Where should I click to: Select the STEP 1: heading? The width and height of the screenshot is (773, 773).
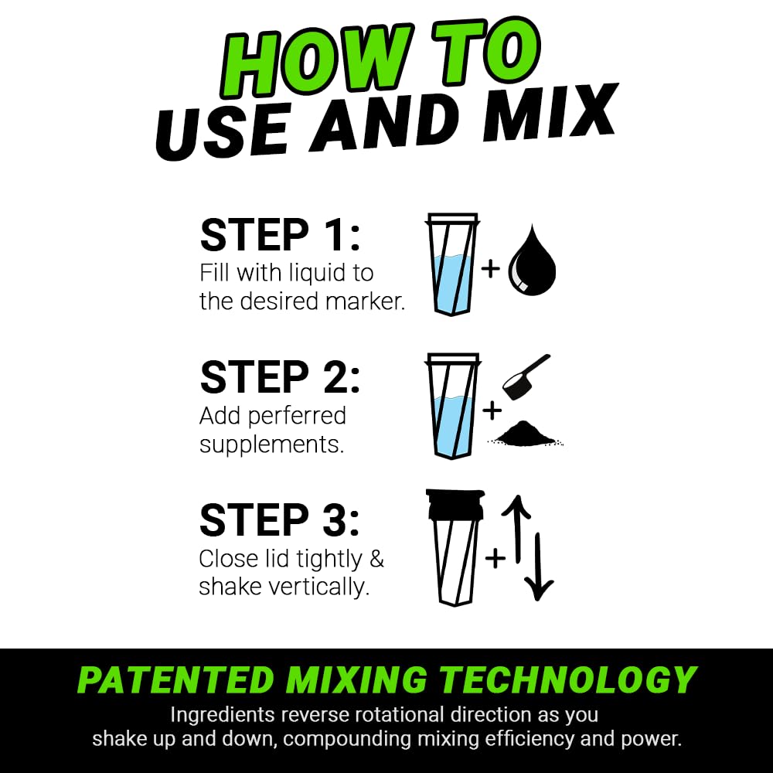(280, 235)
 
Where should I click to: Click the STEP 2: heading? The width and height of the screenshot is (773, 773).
(280, 377)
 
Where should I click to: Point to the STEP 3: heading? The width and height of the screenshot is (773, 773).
(280, 520)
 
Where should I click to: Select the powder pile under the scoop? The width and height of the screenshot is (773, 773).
(526, 436)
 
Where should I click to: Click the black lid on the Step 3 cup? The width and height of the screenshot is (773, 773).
(455, 505)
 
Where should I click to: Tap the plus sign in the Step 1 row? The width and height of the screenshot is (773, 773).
(490, 269)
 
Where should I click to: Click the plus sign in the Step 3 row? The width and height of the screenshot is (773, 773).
(495, 557)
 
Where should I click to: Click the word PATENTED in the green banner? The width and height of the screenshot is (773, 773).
(175, 680)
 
